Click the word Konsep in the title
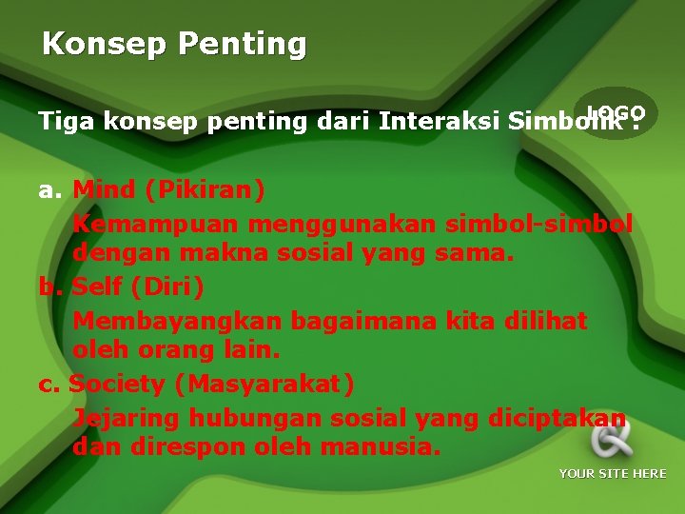pos(91,45)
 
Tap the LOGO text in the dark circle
pos(616,112)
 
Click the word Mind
pos(104,189)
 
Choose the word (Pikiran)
pos(205,189)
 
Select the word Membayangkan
pos(178,321)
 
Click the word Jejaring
pos(127,418)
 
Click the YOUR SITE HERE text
pos(613,474)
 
